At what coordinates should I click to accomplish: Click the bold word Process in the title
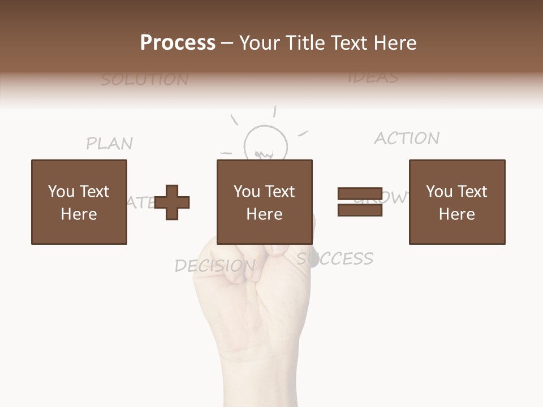point(178,43)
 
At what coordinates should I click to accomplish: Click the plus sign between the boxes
point(172,202)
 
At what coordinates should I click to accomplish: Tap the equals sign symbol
point(360,202)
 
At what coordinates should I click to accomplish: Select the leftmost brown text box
point(79,202)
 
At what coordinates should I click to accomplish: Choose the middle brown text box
point(264,202)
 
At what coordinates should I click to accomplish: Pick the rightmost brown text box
point(456,202)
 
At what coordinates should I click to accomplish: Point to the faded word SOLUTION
point(145,80)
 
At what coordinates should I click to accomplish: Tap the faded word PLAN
point(110,144)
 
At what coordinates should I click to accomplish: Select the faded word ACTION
point(407,138)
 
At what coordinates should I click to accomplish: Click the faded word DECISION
point(215,266)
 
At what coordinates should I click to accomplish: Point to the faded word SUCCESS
point(335,259)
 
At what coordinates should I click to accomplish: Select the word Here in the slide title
point(396,43)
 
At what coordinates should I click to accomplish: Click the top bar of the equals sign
point(360,193)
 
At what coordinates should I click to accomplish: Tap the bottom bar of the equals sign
point(360,210)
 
